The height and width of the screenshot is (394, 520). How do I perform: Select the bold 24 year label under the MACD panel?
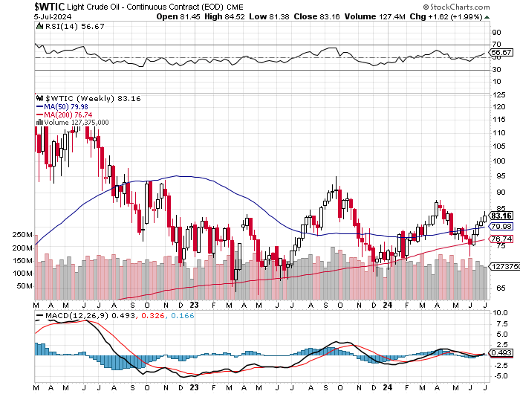[386, 387]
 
